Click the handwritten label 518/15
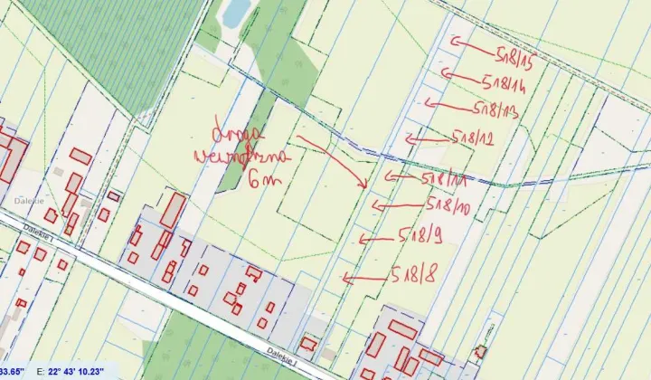coord(515,52)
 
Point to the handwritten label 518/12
coord(475,138)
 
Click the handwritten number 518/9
coord(420,237)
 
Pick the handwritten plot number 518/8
coord(414,272)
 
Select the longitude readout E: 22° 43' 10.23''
coord(71,371)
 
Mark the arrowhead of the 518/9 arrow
coord(361,239)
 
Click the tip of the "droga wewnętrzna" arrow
coord(364,187)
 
